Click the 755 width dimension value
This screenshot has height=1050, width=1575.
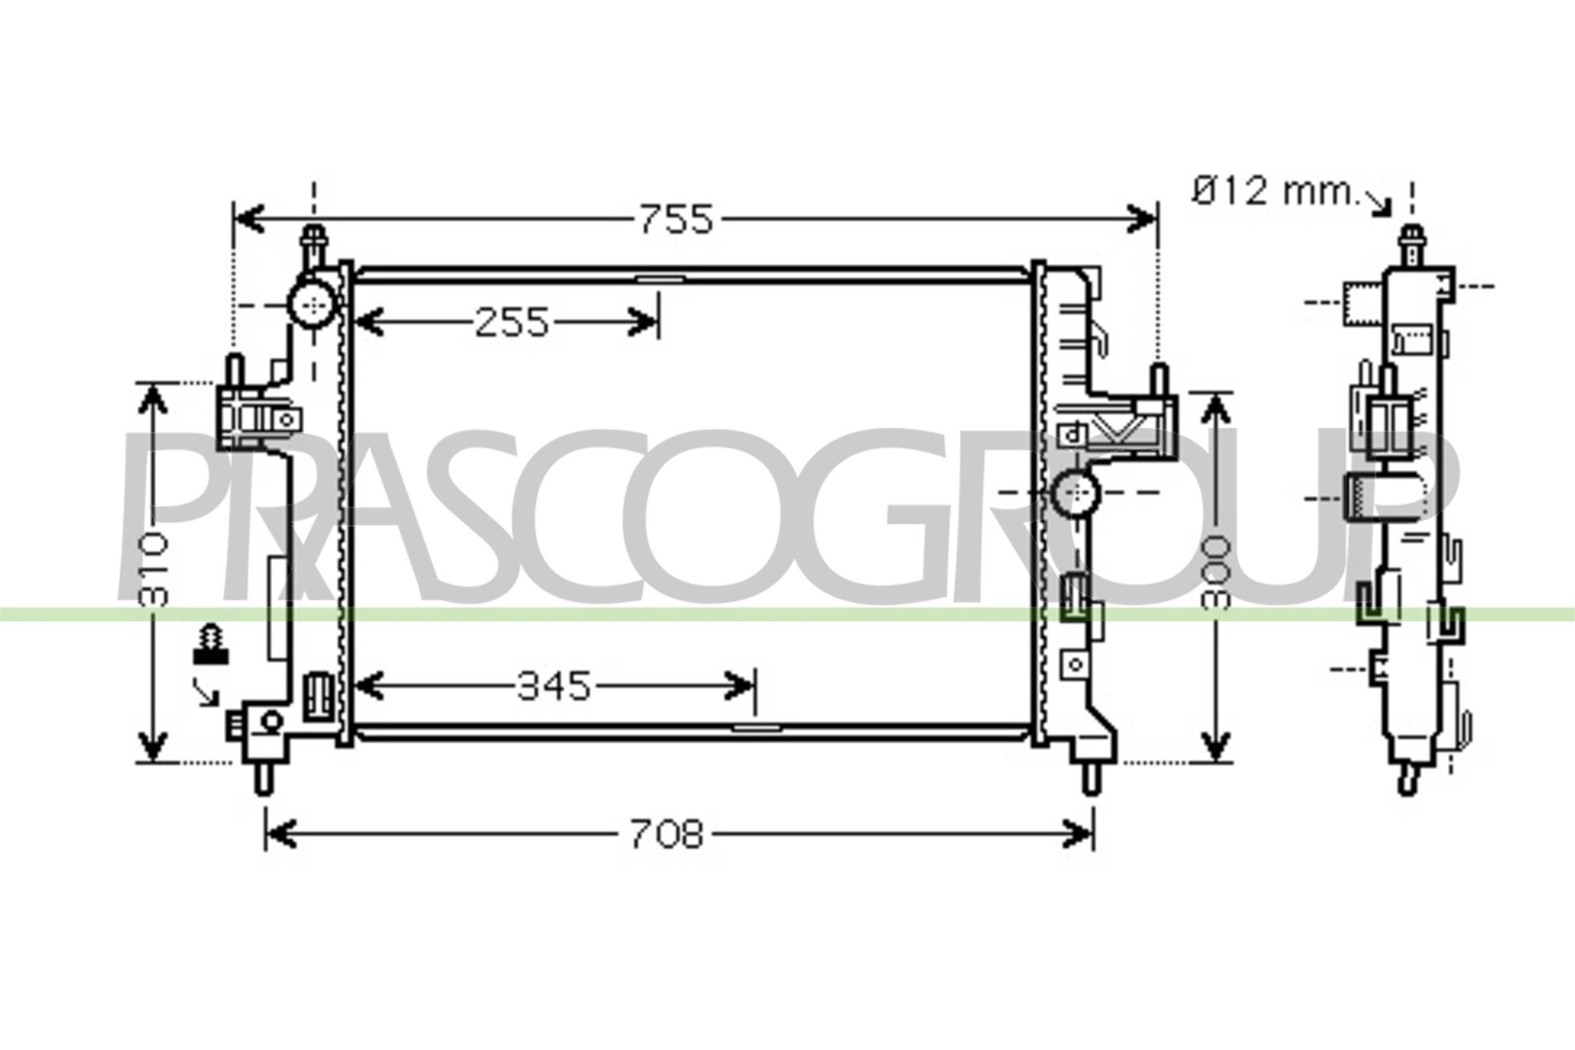tap(677, 219)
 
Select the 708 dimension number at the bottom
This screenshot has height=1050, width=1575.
tap(667, 835)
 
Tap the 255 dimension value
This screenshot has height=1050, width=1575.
tap(512, 322)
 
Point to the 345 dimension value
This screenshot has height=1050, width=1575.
tap(555, 686)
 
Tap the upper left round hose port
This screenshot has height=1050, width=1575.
tap(313, 304)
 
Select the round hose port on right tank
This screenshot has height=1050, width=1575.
tap(1076, 492)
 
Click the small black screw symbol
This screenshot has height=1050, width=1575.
tap(210, 644)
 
